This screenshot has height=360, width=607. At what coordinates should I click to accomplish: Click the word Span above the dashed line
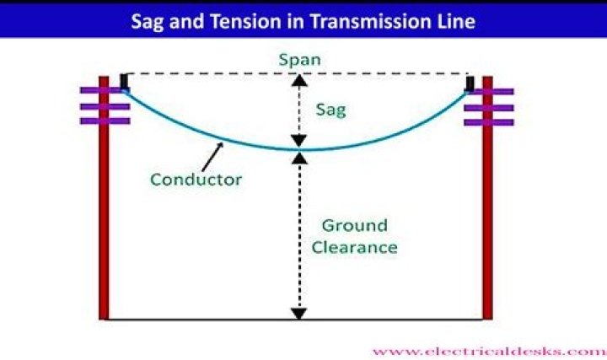pos(299,60)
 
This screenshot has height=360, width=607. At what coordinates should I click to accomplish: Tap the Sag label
pos(331,110)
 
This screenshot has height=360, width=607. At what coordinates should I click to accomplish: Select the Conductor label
pos(196,180)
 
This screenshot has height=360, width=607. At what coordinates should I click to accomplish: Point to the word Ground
pos(355,225)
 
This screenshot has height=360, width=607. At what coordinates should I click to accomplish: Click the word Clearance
pos(355,247)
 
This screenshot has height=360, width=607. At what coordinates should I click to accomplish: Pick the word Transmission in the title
pos(374,22)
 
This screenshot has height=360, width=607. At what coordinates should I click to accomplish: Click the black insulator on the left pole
pos(124,82)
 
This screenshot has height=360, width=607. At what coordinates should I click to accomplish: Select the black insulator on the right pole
pos(470,84)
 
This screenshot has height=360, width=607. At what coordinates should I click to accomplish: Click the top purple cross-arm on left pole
pos(105,90)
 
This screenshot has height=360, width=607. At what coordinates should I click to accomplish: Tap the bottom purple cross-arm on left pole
pos(105,121)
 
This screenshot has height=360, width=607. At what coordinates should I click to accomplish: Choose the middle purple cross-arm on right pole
pos(489,108)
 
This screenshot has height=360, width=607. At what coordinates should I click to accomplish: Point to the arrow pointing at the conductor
pos(212,157)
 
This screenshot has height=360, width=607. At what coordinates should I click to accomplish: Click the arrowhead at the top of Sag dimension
pos(299,80)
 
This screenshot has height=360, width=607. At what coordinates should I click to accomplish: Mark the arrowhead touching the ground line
pos(299,314)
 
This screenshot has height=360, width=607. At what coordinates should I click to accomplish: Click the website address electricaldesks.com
pos(489,352)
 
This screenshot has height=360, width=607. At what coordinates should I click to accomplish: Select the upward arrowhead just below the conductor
pos(299,158)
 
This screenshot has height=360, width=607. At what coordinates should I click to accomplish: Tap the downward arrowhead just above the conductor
pos(299,141)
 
